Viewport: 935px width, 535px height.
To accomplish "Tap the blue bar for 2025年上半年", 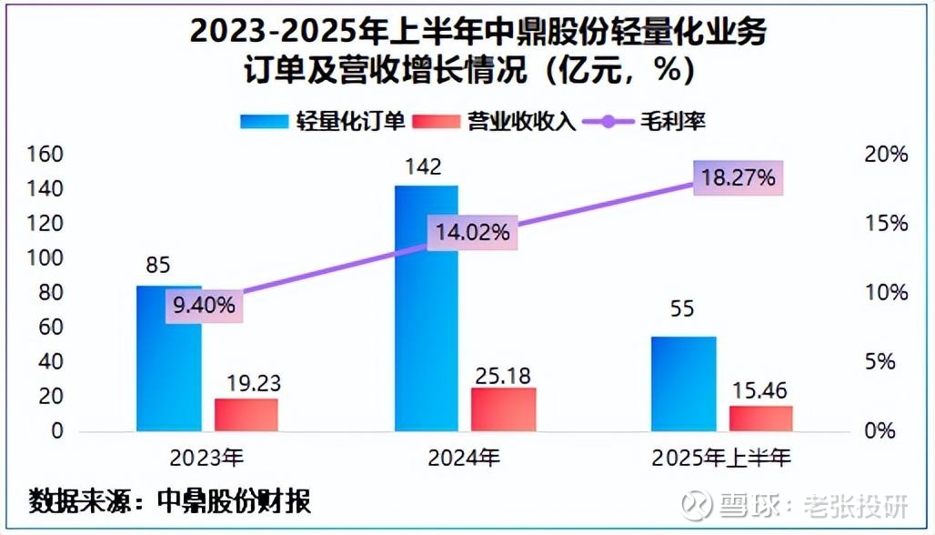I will click(683, 383).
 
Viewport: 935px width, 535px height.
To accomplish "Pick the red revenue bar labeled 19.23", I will click(246, 414).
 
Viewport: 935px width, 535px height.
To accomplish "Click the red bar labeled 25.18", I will click(504, 409).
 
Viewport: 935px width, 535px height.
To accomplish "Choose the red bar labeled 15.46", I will click(761, 418).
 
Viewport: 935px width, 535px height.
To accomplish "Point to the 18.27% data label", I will click(738, 177).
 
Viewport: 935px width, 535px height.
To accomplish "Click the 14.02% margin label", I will click(473, 232).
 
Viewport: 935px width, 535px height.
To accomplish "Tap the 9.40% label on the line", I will click(205, 306).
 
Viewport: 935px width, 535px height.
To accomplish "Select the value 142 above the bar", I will click(425, 167).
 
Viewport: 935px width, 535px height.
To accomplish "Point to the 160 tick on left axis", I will click(45, 154).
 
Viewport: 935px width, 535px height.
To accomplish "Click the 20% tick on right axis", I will click(886, 154).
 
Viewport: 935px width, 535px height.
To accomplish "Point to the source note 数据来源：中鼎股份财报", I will click(170, 500).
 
